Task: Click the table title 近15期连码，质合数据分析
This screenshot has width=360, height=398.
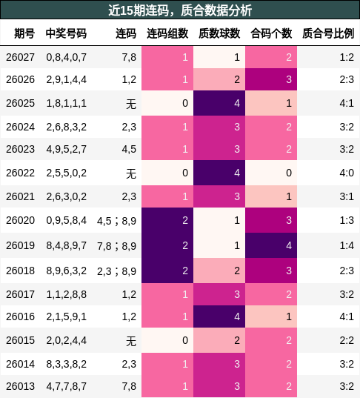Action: click(x=180, y=10)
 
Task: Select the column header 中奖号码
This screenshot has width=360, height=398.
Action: click(x=66, y=34)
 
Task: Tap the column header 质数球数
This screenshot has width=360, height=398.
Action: click(x=219, y=34)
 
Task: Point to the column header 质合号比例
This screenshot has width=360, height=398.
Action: click(x=328, y=34)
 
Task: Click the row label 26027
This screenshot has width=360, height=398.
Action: click(x=20, y=57)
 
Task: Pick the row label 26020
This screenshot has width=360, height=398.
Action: click(x=20, y=220)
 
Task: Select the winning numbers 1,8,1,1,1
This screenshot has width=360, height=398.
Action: click(x=66, y=103)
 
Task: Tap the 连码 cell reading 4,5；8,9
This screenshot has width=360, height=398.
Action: click(x=116, y=220)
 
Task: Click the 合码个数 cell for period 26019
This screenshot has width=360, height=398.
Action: click(x=270, y=245)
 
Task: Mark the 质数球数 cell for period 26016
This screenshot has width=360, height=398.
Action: click(x=219, y=317)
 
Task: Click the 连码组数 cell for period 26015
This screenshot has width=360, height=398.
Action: click(x=167, y=341)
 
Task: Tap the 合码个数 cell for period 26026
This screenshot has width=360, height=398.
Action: click(x=270, y=80)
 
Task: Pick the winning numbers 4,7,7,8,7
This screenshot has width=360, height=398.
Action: click(x=66, y=386)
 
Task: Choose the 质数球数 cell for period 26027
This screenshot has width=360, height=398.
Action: click(x=219, y=57)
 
